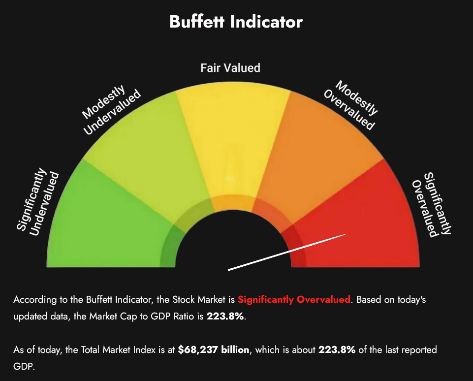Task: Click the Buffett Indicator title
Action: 236,22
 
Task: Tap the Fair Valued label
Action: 230,67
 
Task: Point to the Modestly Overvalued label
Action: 349,105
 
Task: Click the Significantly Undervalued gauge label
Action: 38,202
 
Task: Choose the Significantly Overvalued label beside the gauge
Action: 431,204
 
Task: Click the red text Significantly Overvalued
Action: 294,299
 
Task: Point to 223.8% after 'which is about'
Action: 337,350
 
